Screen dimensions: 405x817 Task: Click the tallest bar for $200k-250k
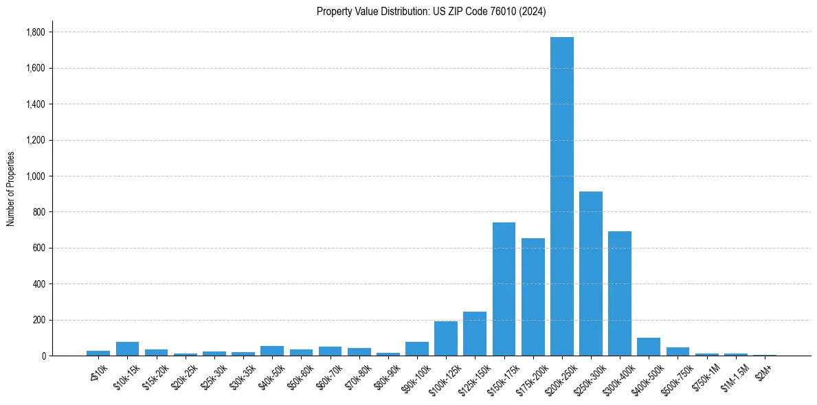[x=561, y=196]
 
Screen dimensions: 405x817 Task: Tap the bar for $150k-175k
[x=504, y=289]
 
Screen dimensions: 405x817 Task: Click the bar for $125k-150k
[x=475, y=334]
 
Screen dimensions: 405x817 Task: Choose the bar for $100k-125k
[x=446, y=338]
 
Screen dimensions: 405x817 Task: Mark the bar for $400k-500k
[x=648, y=347]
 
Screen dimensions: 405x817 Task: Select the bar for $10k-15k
[x=127, y=349]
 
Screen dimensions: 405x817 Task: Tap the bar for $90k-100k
[x=417, y=349]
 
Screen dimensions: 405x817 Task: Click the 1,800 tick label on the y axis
[x=36, y=32]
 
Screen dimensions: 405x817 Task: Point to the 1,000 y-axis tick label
[x=36, y=176]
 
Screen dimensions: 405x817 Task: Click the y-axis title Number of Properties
[x=11, y=189]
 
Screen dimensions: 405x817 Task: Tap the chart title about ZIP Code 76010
[x=431, y=11]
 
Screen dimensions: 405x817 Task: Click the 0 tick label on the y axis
[x=43, y=356]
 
